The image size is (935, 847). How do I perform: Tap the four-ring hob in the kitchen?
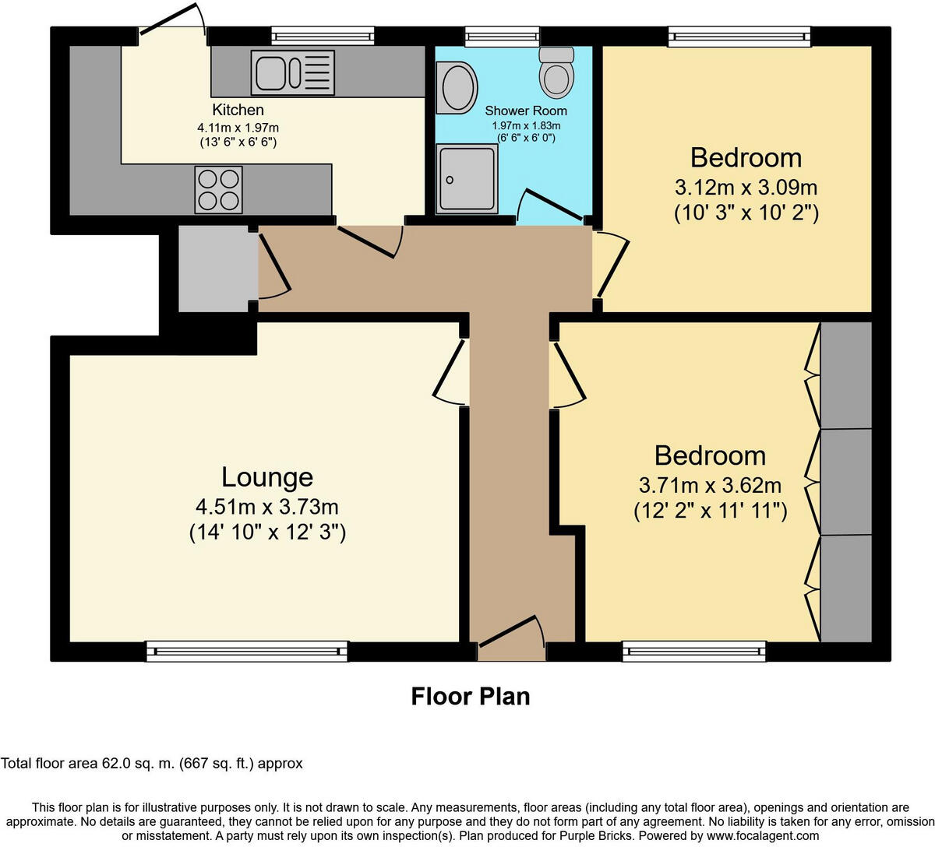pos(218,189)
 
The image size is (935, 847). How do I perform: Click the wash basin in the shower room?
pos(457,86)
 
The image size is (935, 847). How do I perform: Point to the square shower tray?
pos(467,178)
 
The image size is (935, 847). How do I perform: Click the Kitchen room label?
pos(238,110)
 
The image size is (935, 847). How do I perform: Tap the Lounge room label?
pos(267,476)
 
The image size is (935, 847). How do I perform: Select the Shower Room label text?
pos(526,111)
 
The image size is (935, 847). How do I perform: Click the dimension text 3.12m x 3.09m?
pos(746,188)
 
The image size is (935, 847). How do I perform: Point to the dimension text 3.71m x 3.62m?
pos(710,486)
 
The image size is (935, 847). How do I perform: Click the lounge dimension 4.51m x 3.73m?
pos(267,508)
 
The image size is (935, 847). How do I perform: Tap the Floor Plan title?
pos(471,695)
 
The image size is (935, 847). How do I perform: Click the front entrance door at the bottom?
pos(511,632)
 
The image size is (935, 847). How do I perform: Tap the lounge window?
pos(247,651)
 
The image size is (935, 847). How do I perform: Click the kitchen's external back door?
pos(171,20)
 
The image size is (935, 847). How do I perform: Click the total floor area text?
pos(152,764)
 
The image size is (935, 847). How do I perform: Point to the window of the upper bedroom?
pos(739,36)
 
